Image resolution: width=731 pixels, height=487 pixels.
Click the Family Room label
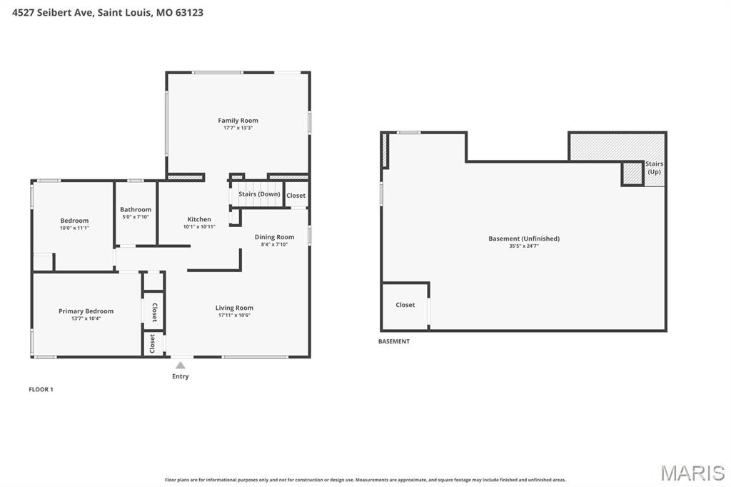point(238,121)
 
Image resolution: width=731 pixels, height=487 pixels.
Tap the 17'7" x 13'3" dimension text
point(238,128)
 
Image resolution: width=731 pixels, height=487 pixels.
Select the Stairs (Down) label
point(259,194)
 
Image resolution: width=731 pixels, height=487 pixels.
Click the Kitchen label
point(199,219)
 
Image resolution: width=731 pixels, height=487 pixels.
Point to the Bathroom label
point(136,210)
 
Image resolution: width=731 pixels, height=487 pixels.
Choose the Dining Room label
point(274,237)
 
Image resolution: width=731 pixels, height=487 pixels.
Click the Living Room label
point(234,308)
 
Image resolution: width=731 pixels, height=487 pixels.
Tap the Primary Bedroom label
point(86,311)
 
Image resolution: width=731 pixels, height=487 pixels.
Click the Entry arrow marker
point(181,366)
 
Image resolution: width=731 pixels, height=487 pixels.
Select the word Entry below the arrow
point(181,376)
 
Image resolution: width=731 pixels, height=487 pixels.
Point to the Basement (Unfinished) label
point(523,239)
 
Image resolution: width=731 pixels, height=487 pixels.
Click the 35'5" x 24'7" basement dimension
point(523,246)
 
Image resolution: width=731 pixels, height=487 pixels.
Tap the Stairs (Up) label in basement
point(654,168)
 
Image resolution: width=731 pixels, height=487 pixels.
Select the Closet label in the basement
point(405,305)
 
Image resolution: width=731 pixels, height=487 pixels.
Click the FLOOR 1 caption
point(41,389)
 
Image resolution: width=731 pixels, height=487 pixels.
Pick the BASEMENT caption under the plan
point(394,341)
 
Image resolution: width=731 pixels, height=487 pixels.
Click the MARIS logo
point(692,473)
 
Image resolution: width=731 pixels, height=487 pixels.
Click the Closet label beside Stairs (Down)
point(296,196)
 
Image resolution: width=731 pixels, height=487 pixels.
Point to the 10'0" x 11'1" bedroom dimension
point(74,228)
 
